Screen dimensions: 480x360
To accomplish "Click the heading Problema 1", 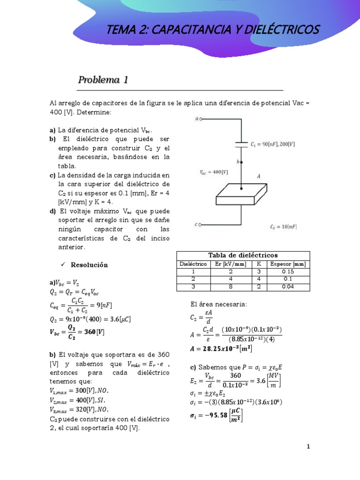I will [103, 80].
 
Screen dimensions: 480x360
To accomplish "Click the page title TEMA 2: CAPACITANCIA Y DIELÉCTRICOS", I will [213, 30].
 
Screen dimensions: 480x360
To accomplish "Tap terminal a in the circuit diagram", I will [201, 119].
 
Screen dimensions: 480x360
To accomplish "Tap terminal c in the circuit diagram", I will [201, 225].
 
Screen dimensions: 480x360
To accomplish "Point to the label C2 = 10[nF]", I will [283, 227].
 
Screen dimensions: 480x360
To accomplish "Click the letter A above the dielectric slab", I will [258, 176].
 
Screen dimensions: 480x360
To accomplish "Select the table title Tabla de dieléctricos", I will [243, 255].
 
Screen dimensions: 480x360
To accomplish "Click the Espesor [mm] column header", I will [288, 264].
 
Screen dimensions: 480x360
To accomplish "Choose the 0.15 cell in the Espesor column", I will [288, 271].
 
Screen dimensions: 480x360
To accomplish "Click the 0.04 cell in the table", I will [288, 286].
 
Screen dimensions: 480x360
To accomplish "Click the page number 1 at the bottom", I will [308, 447].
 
